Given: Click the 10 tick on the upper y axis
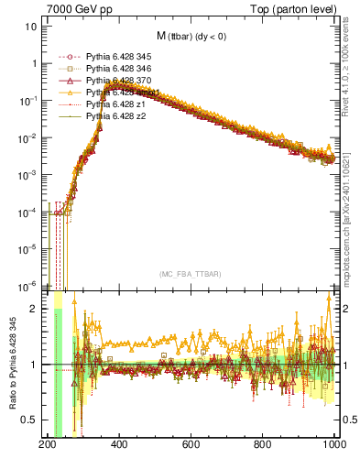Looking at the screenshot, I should coord(32,26).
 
